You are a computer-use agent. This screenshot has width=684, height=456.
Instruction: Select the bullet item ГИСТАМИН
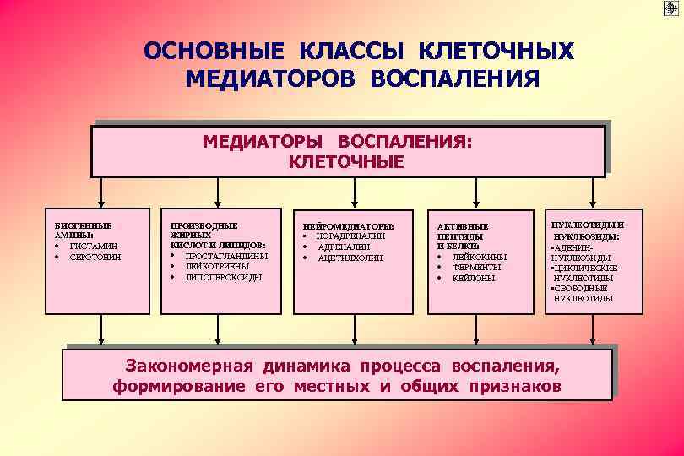[93, 246]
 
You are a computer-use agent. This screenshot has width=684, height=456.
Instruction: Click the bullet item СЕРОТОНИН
[95, 256]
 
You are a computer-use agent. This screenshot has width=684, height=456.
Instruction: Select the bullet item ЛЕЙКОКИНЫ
[480, 257]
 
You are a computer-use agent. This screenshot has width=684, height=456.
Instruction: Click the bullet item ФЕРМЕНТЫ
[477, 267]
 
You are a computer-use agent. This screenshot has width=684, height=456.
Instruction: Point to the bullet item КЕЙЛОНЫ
[474, 278]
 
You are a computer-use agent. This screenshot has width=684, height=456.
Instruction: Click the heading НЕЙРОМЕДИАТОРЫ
[347, 226]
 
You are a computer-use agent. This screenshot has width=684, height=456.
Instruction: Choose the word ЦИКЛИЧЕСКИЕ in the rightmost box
[586, 268]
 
